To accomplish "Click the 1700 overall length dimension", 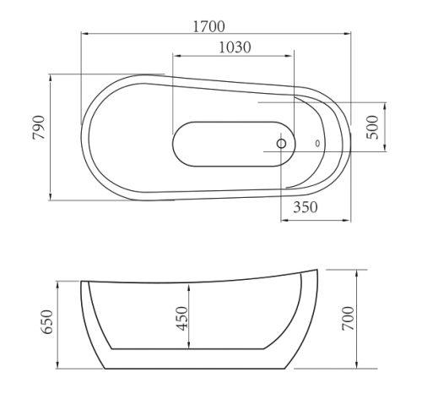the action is [208, 26].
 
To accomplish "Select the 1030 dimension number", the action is [235, 47].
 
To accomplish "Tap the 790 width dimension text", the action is [39, 128].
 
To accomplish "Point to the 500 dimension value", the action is [372, 127].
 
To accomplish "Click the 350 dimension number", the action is [306, 207].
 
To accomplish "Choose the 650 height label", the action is [46, 322].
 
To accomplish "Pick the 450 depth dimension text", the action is [181, 318].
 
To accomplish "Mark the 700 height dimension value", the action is [348, 318].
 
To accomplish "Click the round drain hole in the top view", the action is [281, 144].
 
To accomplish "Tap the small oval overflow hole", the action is [317, 144].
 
